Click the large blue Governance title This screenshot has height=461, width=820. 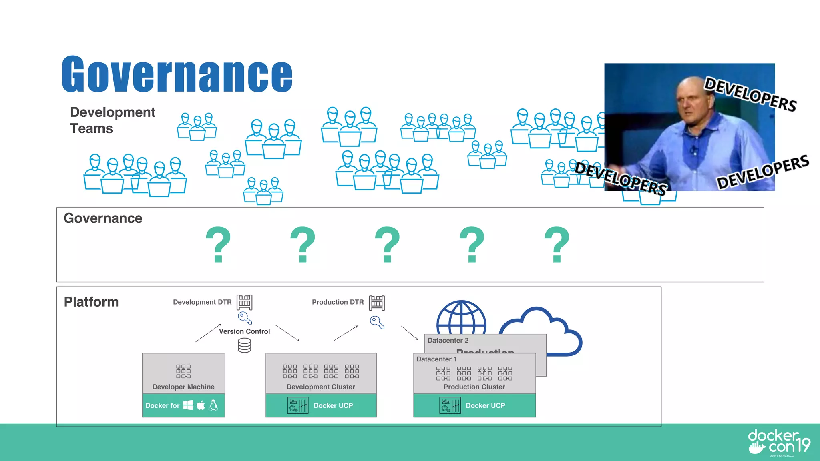point(177,74)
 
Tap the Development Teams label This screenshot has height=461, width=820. point(112,120)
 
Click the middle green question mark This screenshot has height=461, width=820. point(387,244)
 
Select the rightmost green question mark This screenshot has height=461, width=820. point(557,244)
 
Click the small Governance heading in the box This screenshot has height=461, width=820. point(103,218)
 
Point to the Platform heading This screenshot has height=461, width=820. point(91,302)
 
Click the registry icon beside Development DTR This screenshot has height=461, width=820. point(244,302)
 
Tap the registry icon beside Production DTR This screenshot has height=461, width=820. point(377,303)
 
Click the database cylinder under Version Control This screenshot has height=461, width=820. point(244,345)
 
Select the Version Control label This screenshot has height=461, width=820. point(244,331)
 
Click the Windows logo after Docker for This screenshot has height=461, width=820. point(188,405)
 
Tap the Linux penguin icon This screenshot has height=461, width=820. point(213,405)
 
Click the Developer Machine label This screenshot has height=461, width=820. point(183,387)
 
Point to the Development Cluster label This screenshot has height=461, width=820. point(321,387)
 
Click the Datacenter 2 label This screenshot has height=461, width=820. point(448,341)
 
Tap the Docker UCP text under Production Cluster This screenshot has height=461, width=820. point(485,406)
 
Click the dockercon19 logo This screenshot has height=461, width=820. point(779,442)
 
